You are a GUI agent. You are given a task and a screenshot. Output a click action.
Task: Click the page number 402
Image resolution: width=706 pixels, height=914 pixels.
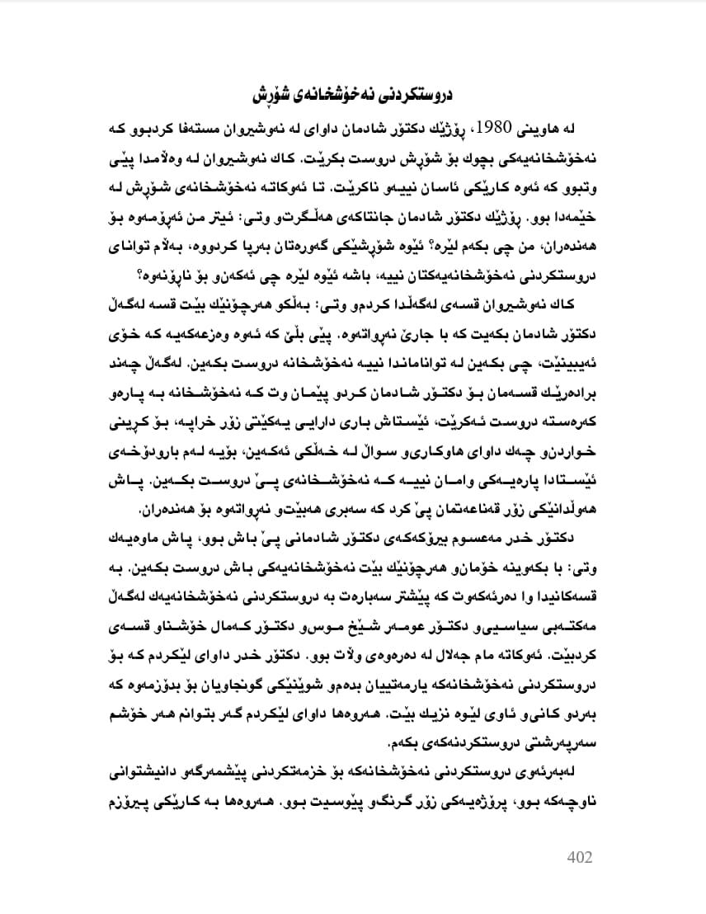(x=580, y=857)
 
